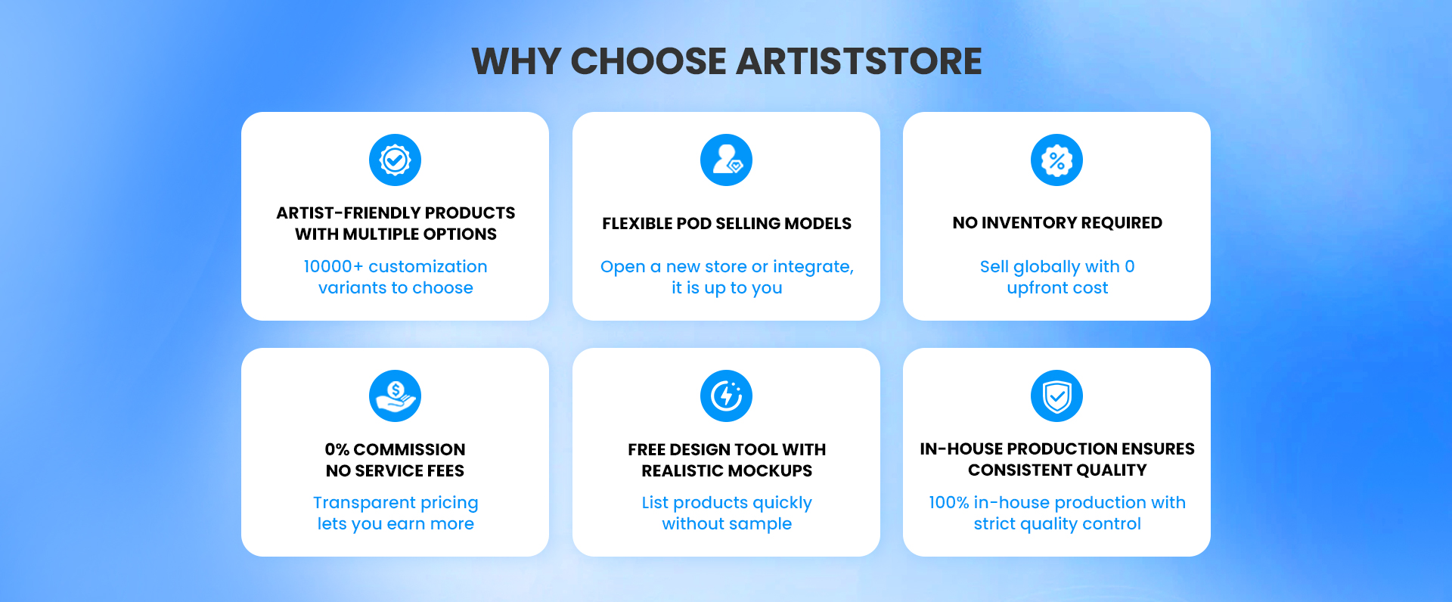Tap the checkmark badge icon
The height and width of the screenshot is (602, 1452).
(395, 160)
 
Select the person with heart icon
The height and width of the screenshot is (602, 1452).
(726, 160)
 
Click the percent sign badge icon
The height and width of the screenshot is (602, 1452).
(1056, 160)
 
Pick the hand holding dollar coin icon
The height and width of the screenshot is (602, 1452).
(395, 396)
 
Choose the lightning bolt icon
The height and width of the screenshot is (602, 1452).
(726, 396)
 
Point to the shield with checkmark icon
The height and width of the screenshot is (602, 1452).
(1056, 396)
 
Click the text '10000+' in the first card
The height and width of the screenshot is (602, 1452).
(334, 266)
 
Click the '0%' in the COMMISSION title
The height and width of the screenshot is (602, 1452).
(337, 449)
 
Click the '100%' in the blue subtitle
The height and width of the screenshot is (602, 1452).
(948, 502)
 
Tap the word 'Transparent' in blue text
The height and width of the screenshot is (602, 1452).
(364, 502)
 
